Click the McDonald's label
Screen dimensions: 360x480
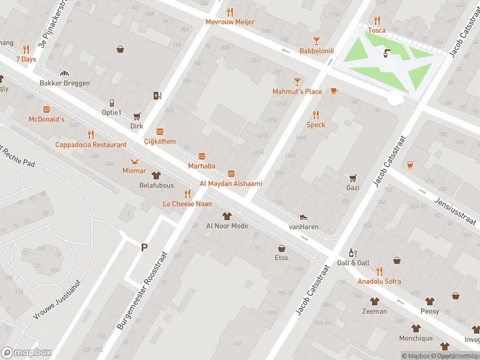pos(46,119)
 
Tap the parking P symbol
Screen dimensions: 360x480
pos(144,247)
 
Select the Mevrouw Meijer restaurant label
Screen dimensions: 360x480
pos(230,22)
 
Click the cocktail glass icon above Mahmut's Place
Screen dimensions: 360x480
pos(297,81)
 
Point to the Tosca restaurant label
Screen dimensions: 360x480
pos(377,30)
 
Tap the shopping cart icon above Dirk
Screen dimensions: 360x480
pos(137,116)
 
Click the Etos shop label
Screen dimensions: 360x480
pos(281,258)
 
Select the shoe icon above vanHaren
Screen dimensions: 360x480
pos(304,217)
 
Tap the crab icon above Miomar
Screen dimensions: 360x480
pos(134,161)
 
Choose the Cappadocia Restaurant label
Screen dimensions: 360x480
pos(91,145)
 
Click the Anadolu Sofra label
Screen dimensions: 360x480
pos(379,281)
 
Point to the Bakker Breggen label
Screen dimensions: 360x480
pos(65,83)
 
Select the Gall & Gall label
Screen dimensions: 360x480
pos(353,263)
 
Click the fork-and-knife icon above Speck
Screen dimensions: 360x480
pos(316,115)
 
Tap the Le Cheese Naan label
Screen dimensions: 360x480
pos(187,204)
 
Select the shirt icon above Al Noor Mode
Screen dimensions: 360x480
pos(227,216)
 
